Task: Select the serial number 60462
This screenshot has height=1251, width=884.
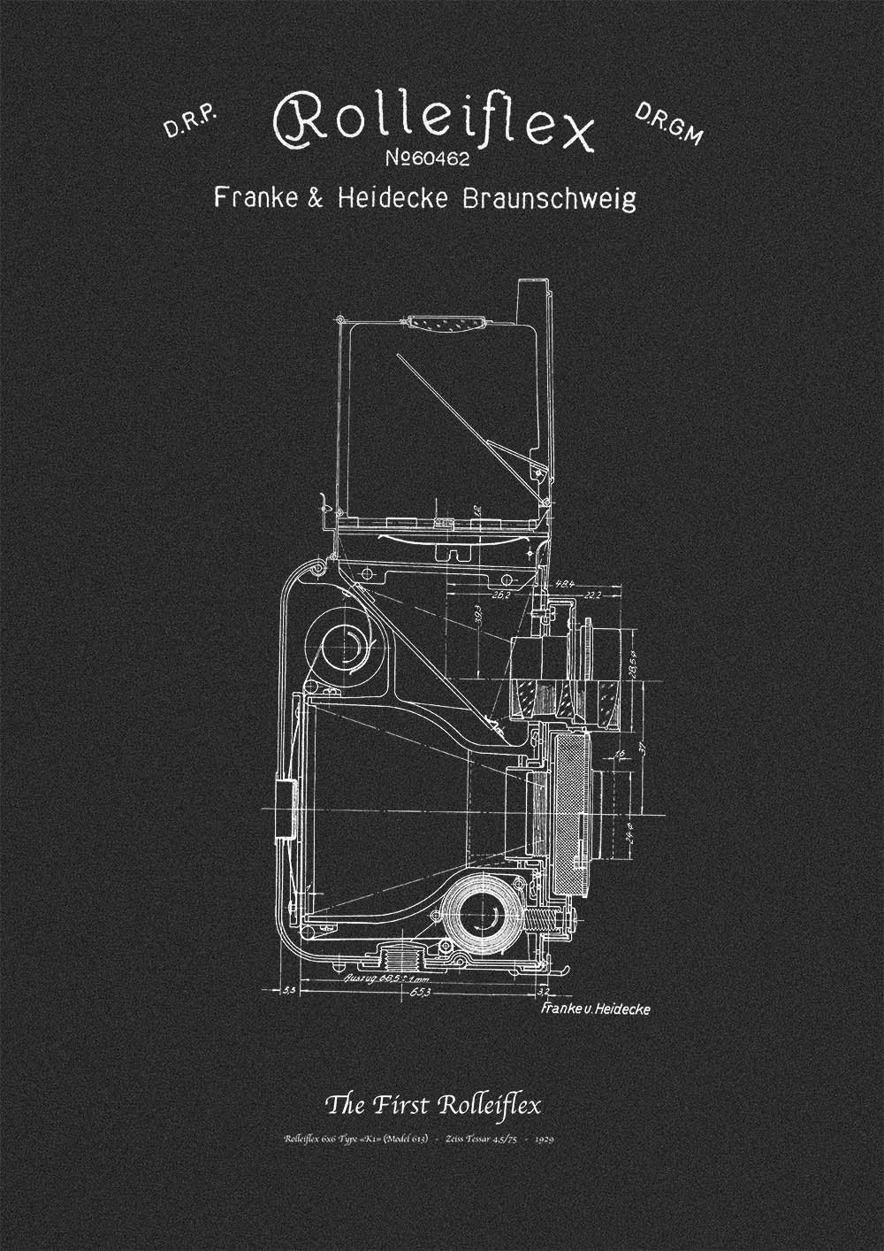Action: point(431,160)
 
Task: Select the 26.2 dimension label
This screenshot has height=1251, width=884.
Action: point(500,594)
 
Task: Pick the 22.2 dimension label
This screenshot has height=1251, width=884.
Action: point(591,595)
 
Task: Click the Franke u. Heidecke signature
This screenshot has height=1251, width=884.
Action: point(592,1009)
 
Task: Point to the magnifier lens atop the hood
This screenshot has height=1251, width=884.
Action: point(451,323)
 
